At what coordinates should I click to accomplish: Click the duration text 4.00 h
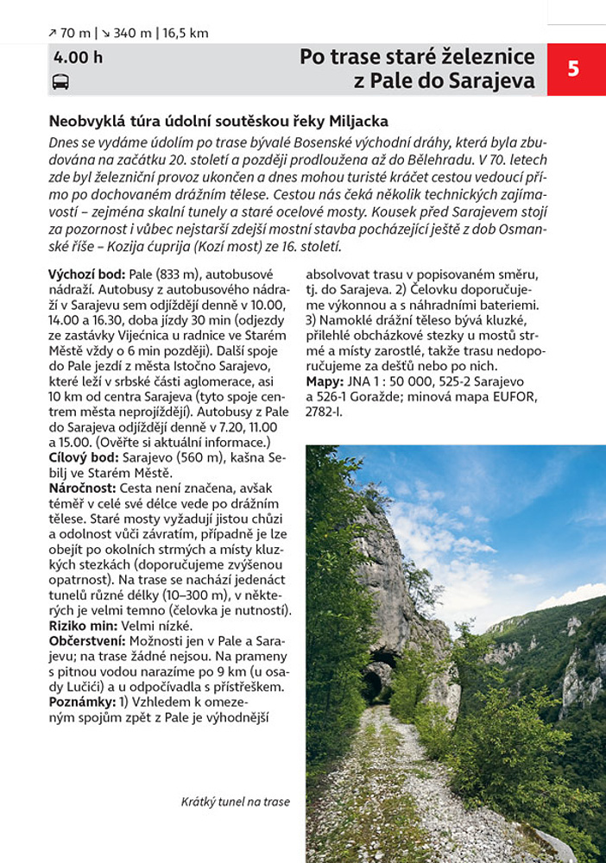[78, 58]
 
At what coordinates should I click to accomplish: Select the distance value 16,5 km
[186, 33]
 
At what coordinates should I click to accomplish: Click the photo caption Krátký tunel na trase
[236, 802]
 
